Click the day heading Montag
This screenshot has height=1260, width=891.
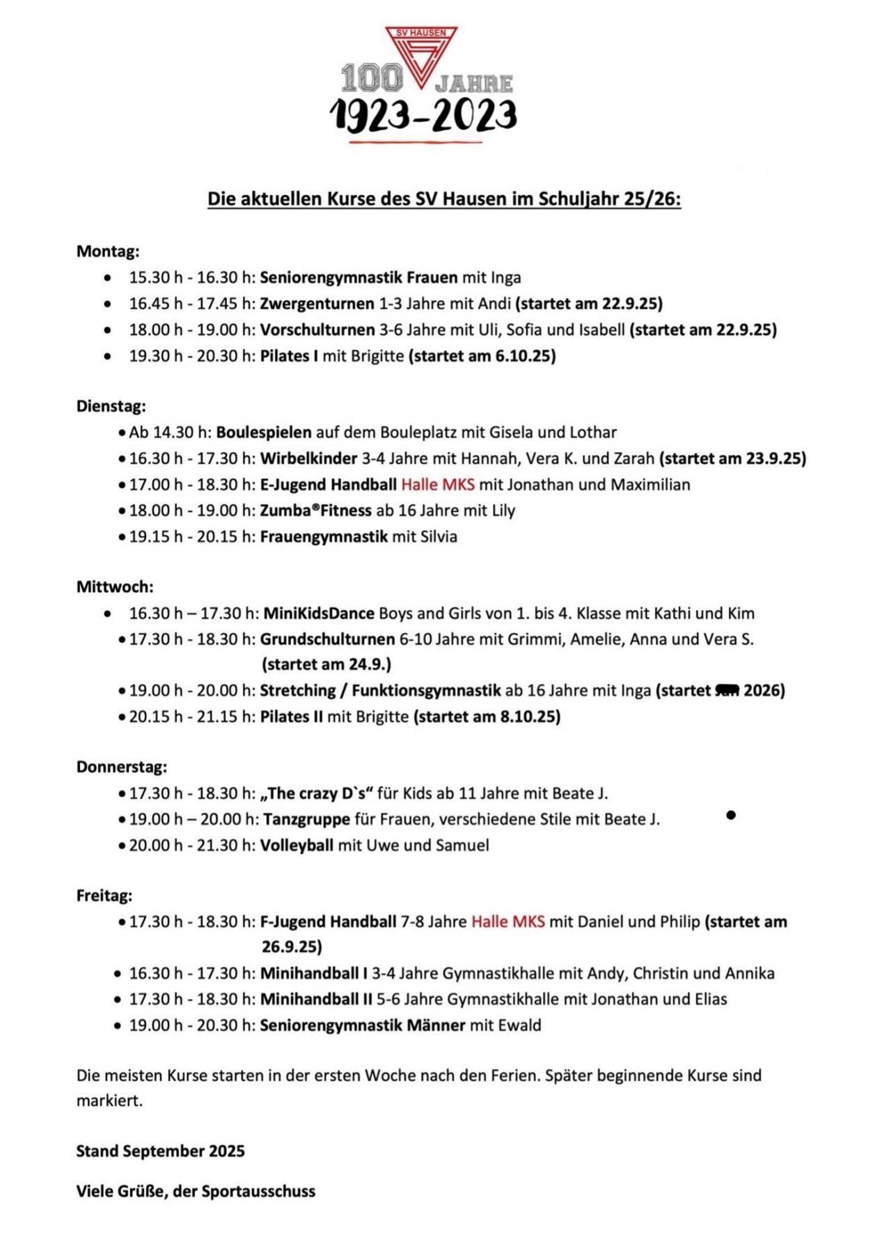[108, 251]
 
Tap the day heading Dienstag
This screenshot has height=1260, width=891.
[111, 405]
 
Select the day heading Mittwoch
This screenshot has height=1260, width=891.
[115, 587]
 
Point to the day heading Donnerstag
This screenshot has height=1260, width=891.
[122, 767]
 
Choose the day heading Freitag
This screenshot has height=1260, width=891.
[104, 895]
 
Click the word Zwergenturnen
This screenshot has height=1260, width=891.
[317, 303]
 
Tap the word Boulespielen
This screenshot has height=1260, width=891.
[264, 432]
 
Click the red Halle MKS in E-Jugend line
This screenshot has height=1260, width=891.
[438, 484]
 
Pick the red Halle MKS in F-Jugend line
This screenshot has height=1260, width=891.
[508, 921]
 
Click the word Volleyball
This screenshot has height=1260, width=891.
[297, 845]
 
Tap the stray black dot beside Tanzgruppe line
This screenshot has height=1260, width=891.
[731, 814]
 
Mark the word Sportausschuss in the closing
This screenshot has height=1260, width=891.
[258, 1191]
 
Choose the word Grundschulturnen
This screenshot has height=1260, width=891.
[327, 639]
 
